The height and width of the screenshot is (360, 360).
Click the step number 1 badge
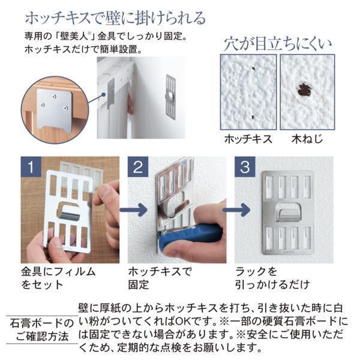tap(31, 167)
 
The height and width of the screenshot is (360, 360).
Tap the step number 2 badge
tap(138, 167)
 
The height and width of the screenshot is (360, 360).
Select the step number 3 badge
tap(245, 167)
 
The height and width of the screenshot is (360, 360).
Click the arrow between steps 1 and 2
tap(134, 210)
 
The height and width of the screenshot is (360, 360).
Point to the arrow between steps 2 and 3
tap(236, 210)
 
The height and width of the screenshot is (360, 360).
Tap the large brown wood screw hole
tap(304, 89)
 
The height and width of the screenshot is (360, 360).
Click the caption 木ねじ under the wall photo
tap(307, 139)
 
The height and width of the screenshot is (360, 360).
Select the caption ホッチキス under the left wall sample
tap(248, 139)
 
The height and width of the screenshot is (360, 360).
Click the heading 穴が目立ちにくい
tap(278, 44)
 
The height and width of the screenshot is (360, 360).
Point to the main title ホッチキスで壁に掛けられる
tap(115, 18)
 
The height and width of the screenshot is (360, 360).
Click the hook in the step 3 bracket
tap(288, 212)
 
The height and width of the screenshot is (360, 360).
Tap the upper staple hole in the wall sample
tap(253, 68)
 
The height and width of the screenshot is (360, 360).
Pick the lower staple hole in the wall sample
tap(253, 117)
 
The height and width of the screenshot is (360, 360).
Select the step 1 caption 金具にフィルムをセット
tap(58, 278)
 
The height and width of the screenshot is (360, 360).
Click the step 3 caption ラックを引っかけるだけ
tap(272, 278)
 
